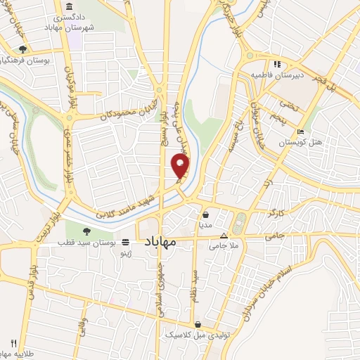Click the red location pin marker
pos(181,166)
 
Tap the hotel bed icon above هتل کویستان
pos(301,131)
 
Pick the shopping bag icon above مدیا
pos(205,215)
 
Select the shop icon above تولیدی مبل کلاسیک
pos(199,325)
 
